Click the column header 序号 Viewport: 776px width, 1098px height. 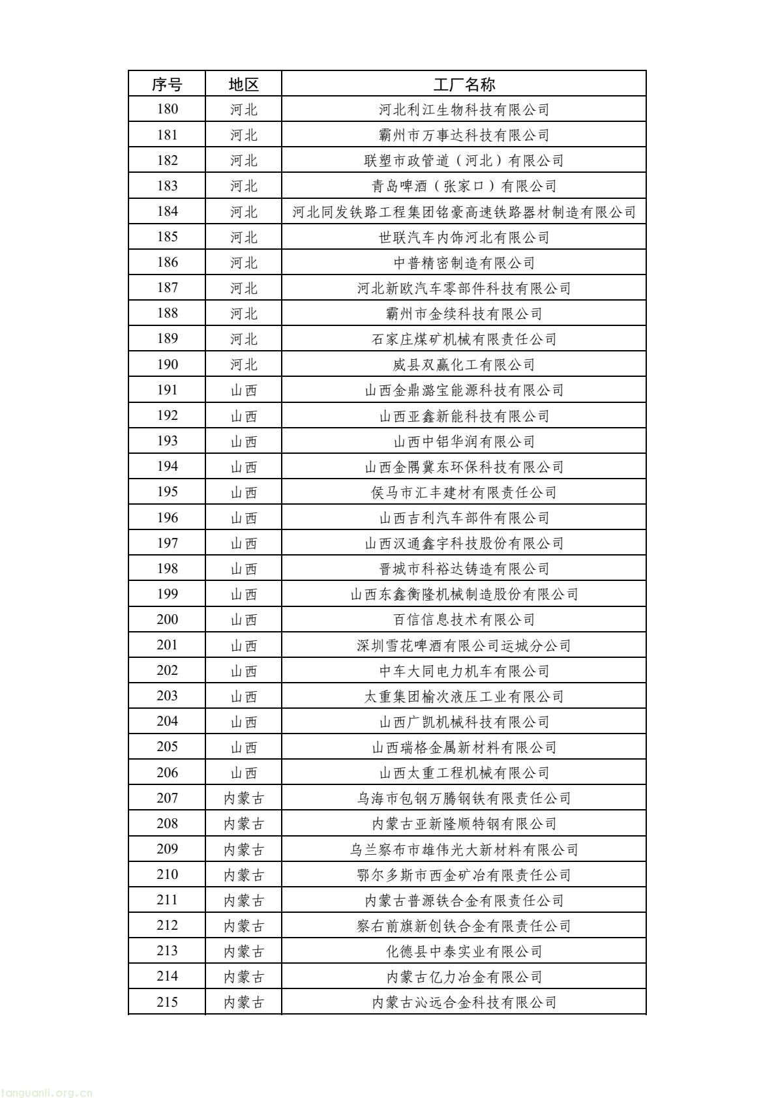coord(167,84)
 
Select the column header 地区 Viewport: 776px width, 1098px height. coord(244,84)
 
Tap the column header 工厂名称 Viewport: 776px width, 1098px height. coord(464,84)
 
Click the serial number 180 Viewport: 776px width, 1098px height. coord(167,110)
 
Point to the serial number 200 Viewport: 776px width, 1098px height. coord(167,619)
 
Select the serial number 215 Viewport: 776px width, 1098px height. coord(167,1002)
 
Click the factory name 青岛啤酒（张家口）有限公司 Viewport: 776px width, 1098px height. coord(464,186)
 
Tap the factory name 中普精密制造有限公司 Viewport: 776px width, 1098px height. coord(464,263)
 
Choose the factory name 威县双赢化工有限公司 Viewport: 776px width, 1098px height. coord(464,364)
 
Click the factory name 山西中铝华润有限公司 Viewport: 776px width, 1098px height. coord(464,441)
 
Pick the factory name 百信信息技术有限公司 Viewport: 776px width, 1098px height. coord(464,619)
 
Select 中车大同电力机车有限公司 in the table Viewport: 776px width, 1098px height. coord(464,671)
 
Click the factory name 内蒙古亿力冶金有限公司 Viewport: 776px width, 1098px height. coord(464,977)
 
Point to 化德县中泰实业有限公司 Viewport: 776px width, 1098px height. coord(464,951)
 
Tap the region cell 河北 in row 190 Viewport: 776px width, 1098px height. coord(244,364)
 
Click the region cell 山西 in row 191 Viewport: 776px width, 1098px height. coord(244,390)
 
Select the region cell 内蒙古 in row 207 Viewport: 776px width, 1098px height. coord(244,798)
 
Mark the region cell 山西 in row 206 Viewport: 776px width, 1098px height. coord(244,773)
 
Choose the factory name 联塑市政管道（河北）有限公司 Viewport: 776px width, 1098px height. coord(464,160)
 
